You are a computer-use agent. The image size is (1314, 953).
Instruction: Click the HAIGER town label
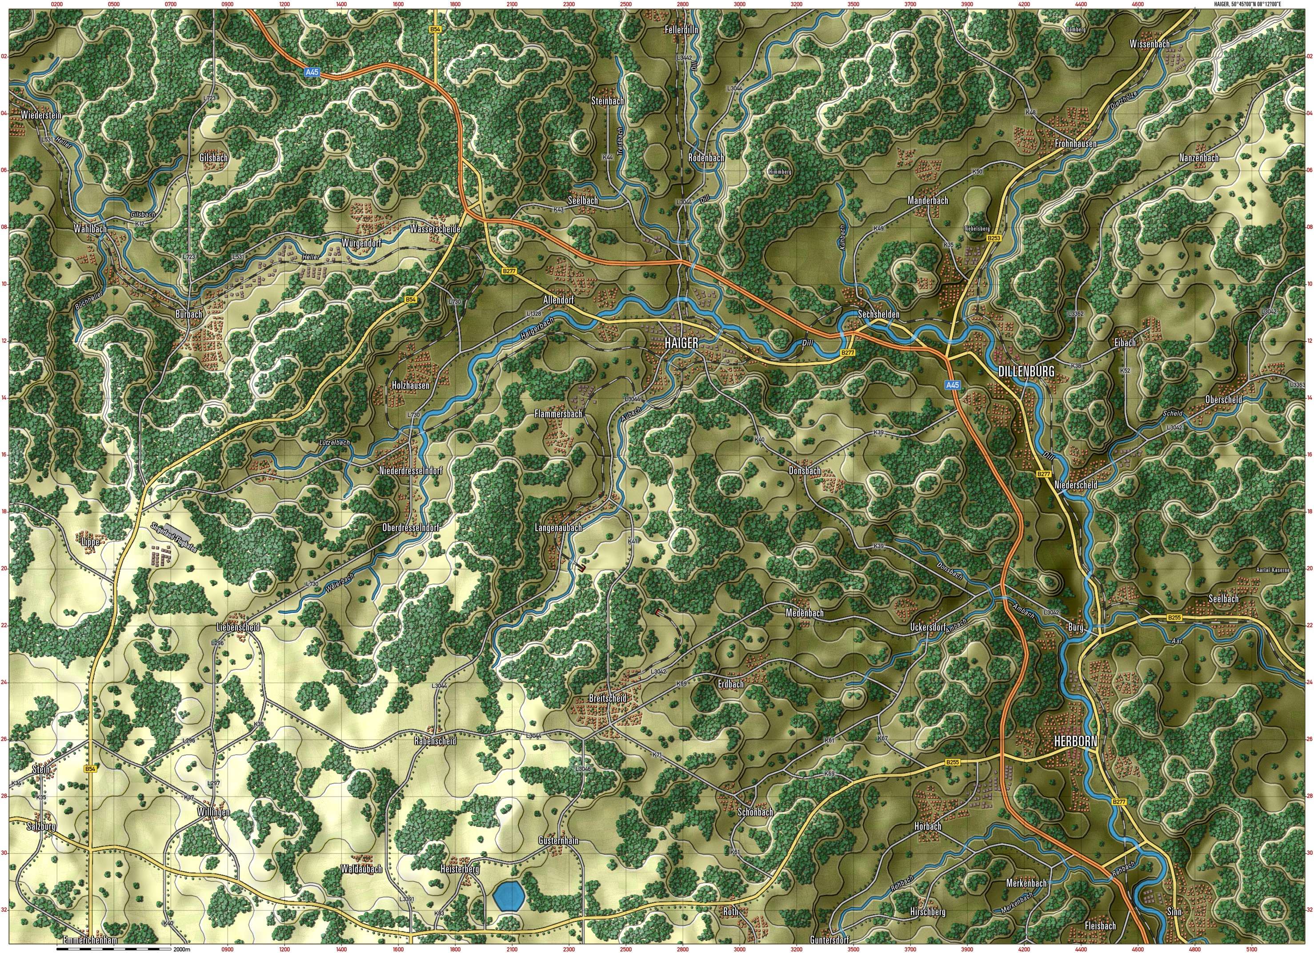click(x=681, y=343)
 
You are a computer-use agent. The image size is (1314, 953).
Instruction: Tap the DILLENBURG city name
click(x=1026, y=371)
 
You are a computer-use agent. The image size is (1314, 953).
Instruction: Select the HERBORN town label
click(x=1076, y=741)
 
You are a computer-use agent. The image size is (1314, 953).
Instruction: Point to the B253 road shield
click(x=994, y=238)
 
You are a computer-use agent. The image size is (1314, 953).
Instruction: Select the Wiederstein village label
click(x=41, y=115)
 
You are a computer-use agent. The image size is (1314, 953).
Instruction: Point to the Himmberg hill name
click(x=779, y=172)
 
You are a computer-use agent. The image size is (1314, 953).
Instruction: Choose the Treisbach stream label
click(x=621, y=143)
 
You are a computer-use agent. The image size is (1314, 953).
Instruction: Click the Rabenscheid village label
click(x=435, y=741)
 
